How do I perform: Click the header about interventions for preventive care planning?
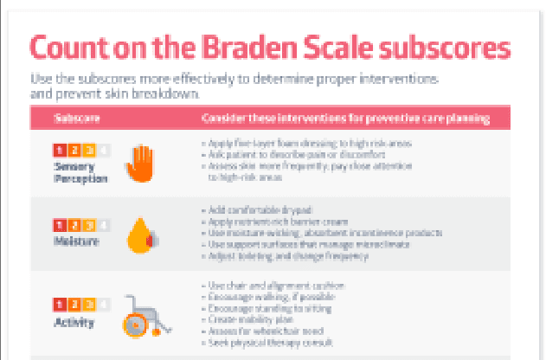tap(343, 118)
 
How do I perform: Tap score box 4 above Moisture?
tap(105, 225)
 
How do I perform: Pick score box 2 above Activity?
tap(74, 305)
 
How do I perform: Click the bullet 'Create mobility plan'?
tap(252, 319)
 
